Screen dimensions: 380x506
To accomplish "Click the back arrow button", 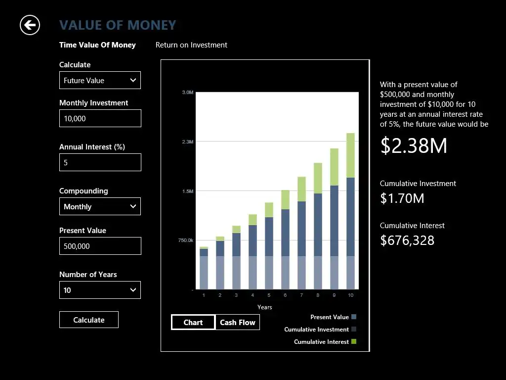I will [30, 25].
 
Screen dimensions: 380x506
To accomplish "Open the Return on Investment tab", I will [191, 45].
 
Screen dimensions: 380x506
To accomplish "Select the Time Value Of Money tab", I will [97, 45].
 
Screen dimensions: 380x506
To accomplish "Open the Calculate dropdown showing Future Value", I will [100, 80].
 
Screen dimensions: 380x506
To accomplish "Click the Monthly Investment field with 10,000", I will [100, 118].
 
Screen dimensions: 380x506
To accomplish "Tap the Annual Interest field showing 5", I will [100, 162].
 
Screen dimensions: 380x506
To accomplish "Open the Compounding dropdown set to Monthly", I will [100, 206].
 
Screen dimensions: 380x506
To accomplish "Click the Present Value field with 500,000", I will [100, 246].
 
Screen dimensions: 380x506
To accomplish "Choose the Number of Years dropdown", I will [100, 290].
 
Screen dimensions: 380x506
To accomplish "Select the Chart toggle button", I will [193, 322].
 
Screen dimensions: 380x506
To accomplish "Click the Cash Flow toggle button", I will [237, 322].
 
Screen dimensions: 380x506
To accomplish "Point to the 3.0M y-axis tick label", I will [187, 93].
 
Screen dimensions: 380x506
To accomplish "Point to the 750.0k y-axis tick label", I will [185, 240].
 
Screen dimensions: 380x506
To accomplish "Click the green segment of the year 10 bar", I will [350, 155].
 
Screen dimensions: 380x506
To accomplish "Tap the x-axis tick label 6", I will [285, 295].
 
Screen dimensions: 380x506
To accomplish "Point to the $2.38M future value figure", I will [414, 146].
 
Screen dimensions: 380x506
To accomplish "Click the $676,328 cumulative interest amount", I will [407, 240].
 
